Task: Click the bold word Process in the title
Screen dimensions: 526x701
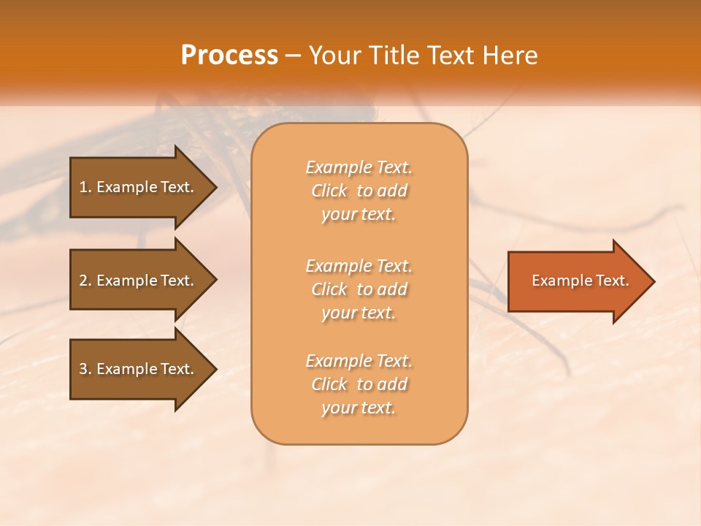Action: tap(229, 56)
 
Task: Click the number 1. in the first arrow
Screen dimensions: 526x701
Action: tap(85, 187)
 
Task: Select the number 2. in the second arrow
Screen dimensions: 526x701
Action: tap(85, 281)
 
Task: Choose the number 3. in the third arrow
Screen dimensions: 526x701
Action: tap(85, 369)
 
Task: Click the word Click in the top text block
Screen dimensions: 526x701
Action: tap(329, 191)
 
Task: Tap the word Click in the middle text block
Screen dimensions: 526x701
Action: tap(329, 289)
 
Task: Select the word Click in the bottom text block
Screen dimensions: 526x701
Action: tap(329, 384)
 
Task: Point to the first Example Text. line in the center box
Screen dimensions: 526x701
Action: tap(359, 167)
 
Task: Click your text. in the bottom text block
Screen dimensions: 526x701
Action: tap(359, 408)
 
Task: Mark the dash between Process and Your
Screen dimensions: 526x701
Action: tap(294, 56)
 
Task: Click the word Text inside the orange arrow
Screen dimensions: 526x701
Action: tap(613, 281)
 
